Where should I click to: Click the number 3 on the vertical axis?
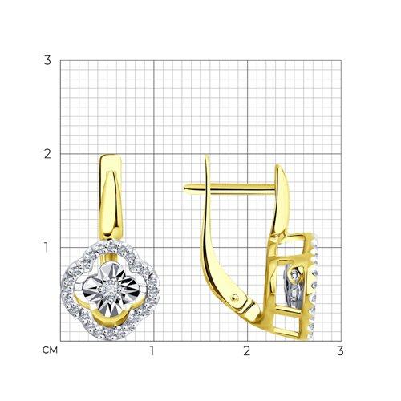pyautogui.click(x=47, y=60)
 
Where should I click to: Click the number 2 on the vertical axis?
pyautogui.click(x=47, y=154)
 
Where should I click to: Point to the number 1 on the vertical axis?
pyautogui.click(x=47, y=247)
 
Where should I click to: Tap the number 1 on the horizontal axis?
pyautogui.click(x=152, y=351)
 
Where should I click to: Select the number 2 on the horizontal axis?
pyautogui.click(x=246, y=351)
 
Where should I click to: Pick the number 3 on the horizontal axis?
pyautogui.click(x=340, y=351)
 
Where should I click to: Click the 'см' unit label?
pyautogui.click(x=50, y=350)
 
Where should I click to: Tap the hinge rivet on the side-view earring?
pyautogui.click(x=236, y=297)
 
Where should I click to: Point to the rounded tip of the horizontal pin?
pyautogui.click(x=185, y=188)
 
